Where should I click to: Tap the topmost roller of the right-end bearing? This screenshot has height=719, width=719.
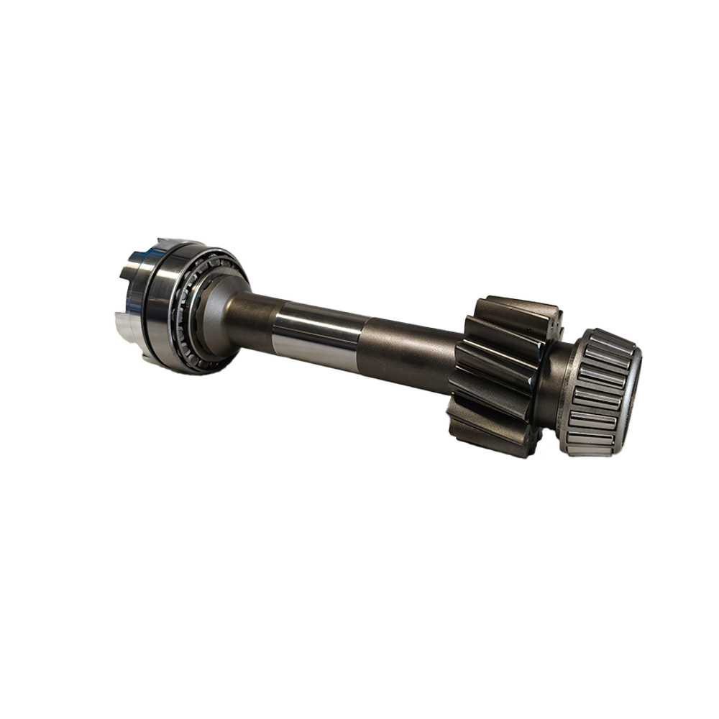click(x=611, y=338)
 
